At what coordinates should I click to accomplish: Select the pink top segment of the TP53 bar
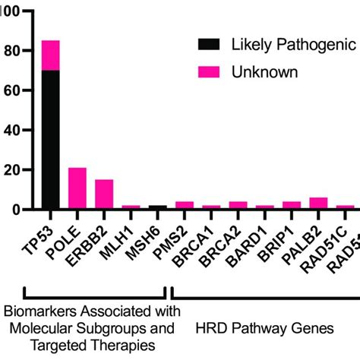[51, 56]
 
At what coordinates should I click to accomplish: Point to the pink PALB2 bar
[318, 203]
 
